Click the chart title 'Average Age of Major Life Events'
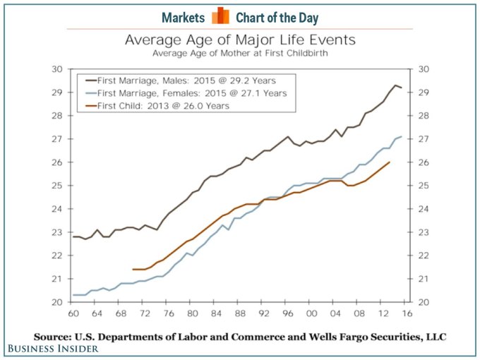tap(240, 40)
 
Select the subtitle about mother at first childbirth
tap(240, 53)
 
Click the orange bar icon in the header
tap(220, 16)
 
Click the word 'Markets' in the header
tap(184, 17)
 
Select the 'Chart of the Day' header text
tap(277, 17)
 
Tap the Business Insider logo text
tap(54, 348)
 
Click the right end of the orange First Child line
tap(390, 162)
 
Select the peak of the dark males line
tap(395, 85)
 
